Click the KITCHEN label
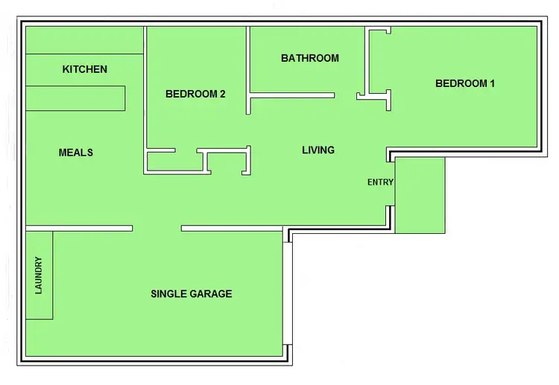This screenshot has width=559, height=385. point(84,69)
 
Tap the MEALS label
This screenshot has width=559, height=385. point(75,153)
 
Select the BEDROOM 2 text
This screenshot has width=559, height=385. point(195,94)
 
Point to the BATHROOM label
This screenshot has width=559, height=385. point(309,58)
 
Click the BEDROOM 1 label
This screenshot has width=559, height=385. point(464,83)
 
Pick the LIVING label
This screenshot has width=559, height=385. point(318,150)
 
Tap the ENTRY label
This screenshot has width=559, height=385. point(380,182)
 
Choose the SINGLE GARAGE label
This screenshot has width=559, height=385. point(191,293)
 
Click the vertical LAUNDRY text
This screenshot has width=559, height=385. point(39,275)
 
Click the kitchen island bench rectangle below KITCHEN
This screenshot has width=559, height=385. point(75,98)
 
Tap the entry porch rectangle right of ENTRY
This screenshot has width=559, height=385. point(420,194)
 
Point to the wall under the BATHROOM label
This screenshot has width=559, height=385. point(291,95)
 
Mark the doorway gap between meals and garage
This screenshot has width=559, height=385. point(157,228)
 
